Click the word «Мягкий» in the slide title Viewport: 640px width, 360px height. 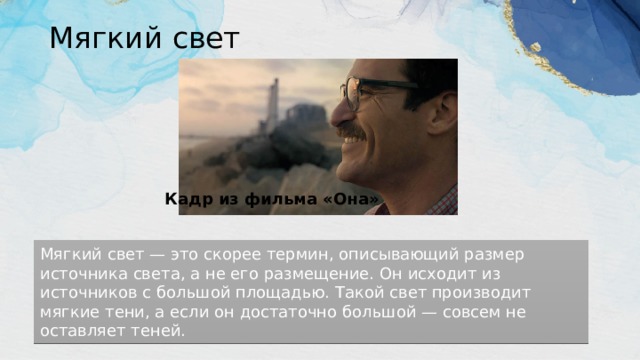click(96, 39)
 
